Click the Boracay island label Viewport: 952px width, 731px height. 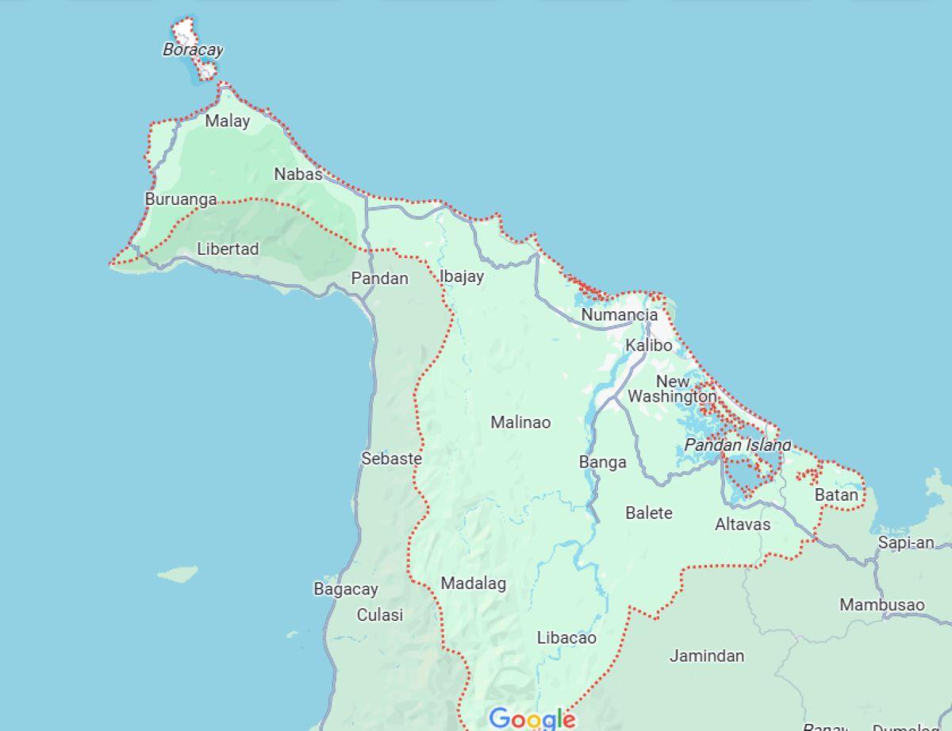pos(193,50)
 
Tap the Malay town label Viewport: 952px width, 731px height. pos(227,121)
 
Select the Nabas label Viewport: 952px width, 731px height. pos(298,174)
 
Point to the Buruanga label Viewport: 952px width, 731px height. pos(181,199)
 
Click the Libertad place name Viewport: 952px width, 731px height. pos(228,249)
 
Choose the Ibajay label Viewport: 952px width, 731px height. pos(462,277)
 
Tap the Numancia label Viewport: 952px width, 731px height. pos(620,315)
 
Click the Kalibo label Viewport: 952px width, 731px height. pos(648,345)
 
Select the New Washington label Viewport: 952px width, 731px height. pos(672,389)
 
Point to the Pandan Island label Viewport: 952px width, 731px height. pos(738,445)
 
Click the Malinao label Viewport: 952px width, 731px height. pos(520,422)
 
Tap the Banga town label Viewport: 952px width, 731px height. pos(602,462)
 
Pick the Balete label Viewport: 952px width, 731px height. pos(648,513)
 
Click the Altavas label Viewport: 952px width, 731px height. pos(742,525)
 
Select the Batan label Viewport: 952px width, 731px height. pos(836,495)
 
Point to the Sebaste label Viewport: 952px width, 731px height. pos(391,459)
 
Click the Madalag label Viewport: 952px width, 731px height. pos(473,584)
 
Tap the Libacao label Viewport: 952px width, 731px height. pos(566,638)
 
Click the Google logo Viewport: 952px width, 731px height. pos(532,719)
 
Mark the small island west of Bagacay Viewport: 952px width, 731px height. pos(177,573)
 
